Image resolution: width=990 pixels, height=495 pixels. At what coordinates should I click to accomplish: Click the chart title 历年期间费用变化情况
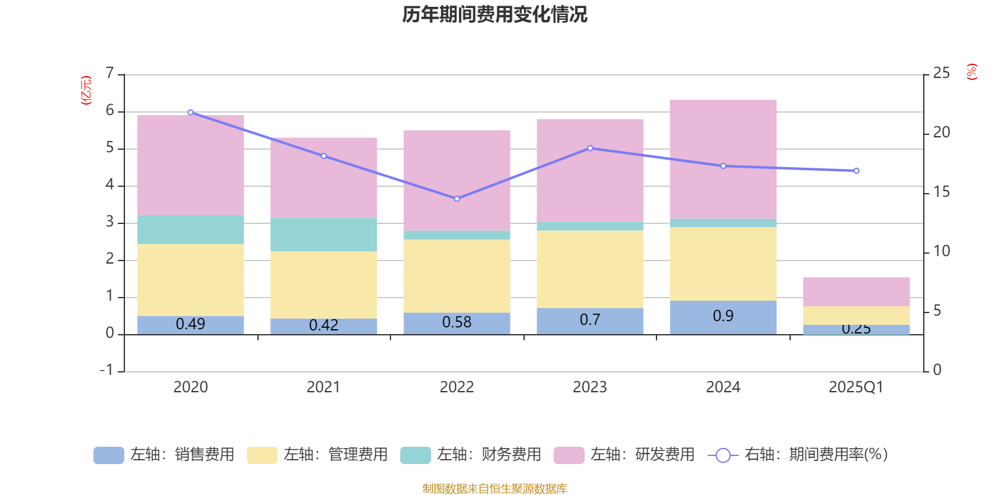(494, 14)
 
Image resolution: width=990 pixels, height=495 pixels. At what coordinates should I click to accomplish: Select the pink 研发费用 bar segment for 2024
(723, 159)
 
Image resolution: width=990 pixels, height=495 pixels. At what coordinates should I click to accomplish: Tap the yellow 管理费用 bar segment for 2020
(190, 280)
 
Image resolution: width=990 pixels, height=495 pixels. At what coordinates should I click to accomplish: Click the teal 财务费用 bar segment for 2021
(324, 234)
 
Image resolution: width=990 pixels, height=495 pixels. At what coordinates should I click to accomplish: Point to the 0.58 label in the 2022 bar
(457, 322)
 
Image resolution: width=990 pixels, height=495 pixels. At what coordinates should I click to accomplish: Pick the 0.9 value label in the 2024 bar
(723, 316)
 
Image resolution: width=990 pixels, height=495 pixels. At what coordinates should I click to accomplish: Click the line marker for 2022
(457, 199)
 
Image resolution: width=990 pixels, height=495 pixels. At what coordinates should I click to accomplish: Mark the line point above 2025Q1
(856, 171)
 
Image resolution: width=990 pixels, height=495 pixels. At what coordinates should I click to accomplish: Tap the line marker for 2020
(190, 113)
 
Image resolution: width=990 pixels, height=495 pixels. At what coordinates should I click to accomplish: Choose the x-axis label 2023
(590, 387)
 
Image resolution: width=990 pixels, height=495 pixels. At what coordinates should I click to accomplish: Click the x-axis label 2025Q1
(856, 387)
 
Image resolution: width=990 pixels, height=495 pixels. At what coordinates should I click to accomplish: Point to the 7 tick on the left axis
(110, 73)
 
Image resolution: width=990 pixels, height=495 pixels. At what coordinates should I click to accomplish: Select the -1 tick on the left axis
(107, 370)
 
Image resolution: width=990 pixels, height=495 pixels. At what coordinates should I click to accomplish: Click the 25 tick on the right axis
(941, 73)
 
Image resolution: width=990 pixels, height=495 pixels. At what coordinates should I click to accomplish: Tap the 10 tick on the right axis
(941, 251)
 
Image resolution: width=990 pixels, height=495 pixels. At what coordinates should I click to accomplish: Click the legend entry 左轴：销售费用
(164, 455)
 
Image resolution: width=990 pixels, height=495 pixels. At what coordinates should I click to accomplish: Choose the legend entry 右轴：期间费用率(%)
(798, 455)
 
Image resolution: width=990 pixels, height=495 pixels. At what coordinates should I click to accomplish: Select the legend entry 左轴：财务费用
(471, 455)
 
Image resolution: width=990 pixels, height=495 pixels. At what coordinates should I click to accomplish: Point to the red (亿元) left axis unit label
(86, 90)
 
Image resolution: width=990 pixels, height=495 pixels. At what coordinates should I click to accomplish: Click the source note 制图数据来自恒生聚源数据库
(494, 489)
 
